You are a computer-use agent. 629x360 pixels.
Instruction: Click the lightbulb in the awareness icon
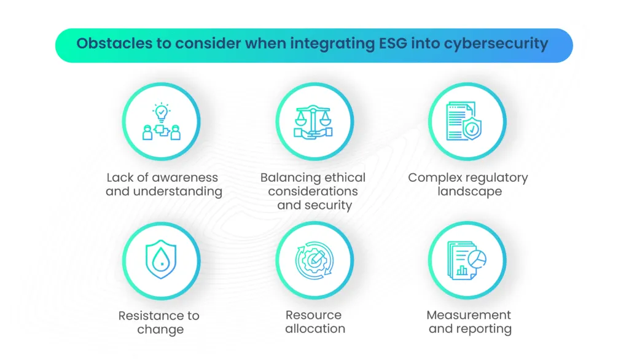tap(161, 112)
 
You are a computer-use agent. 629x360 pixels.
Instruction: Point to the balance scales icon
tap(314, 121)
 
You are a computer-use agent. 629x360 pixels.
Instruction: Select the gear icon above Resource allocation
tap(314, 260)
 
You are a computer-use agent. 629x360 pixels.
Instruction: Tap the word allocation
tap(314, 329)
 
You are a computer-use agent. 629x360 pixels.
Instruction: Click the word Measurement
tap(469, 316)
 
